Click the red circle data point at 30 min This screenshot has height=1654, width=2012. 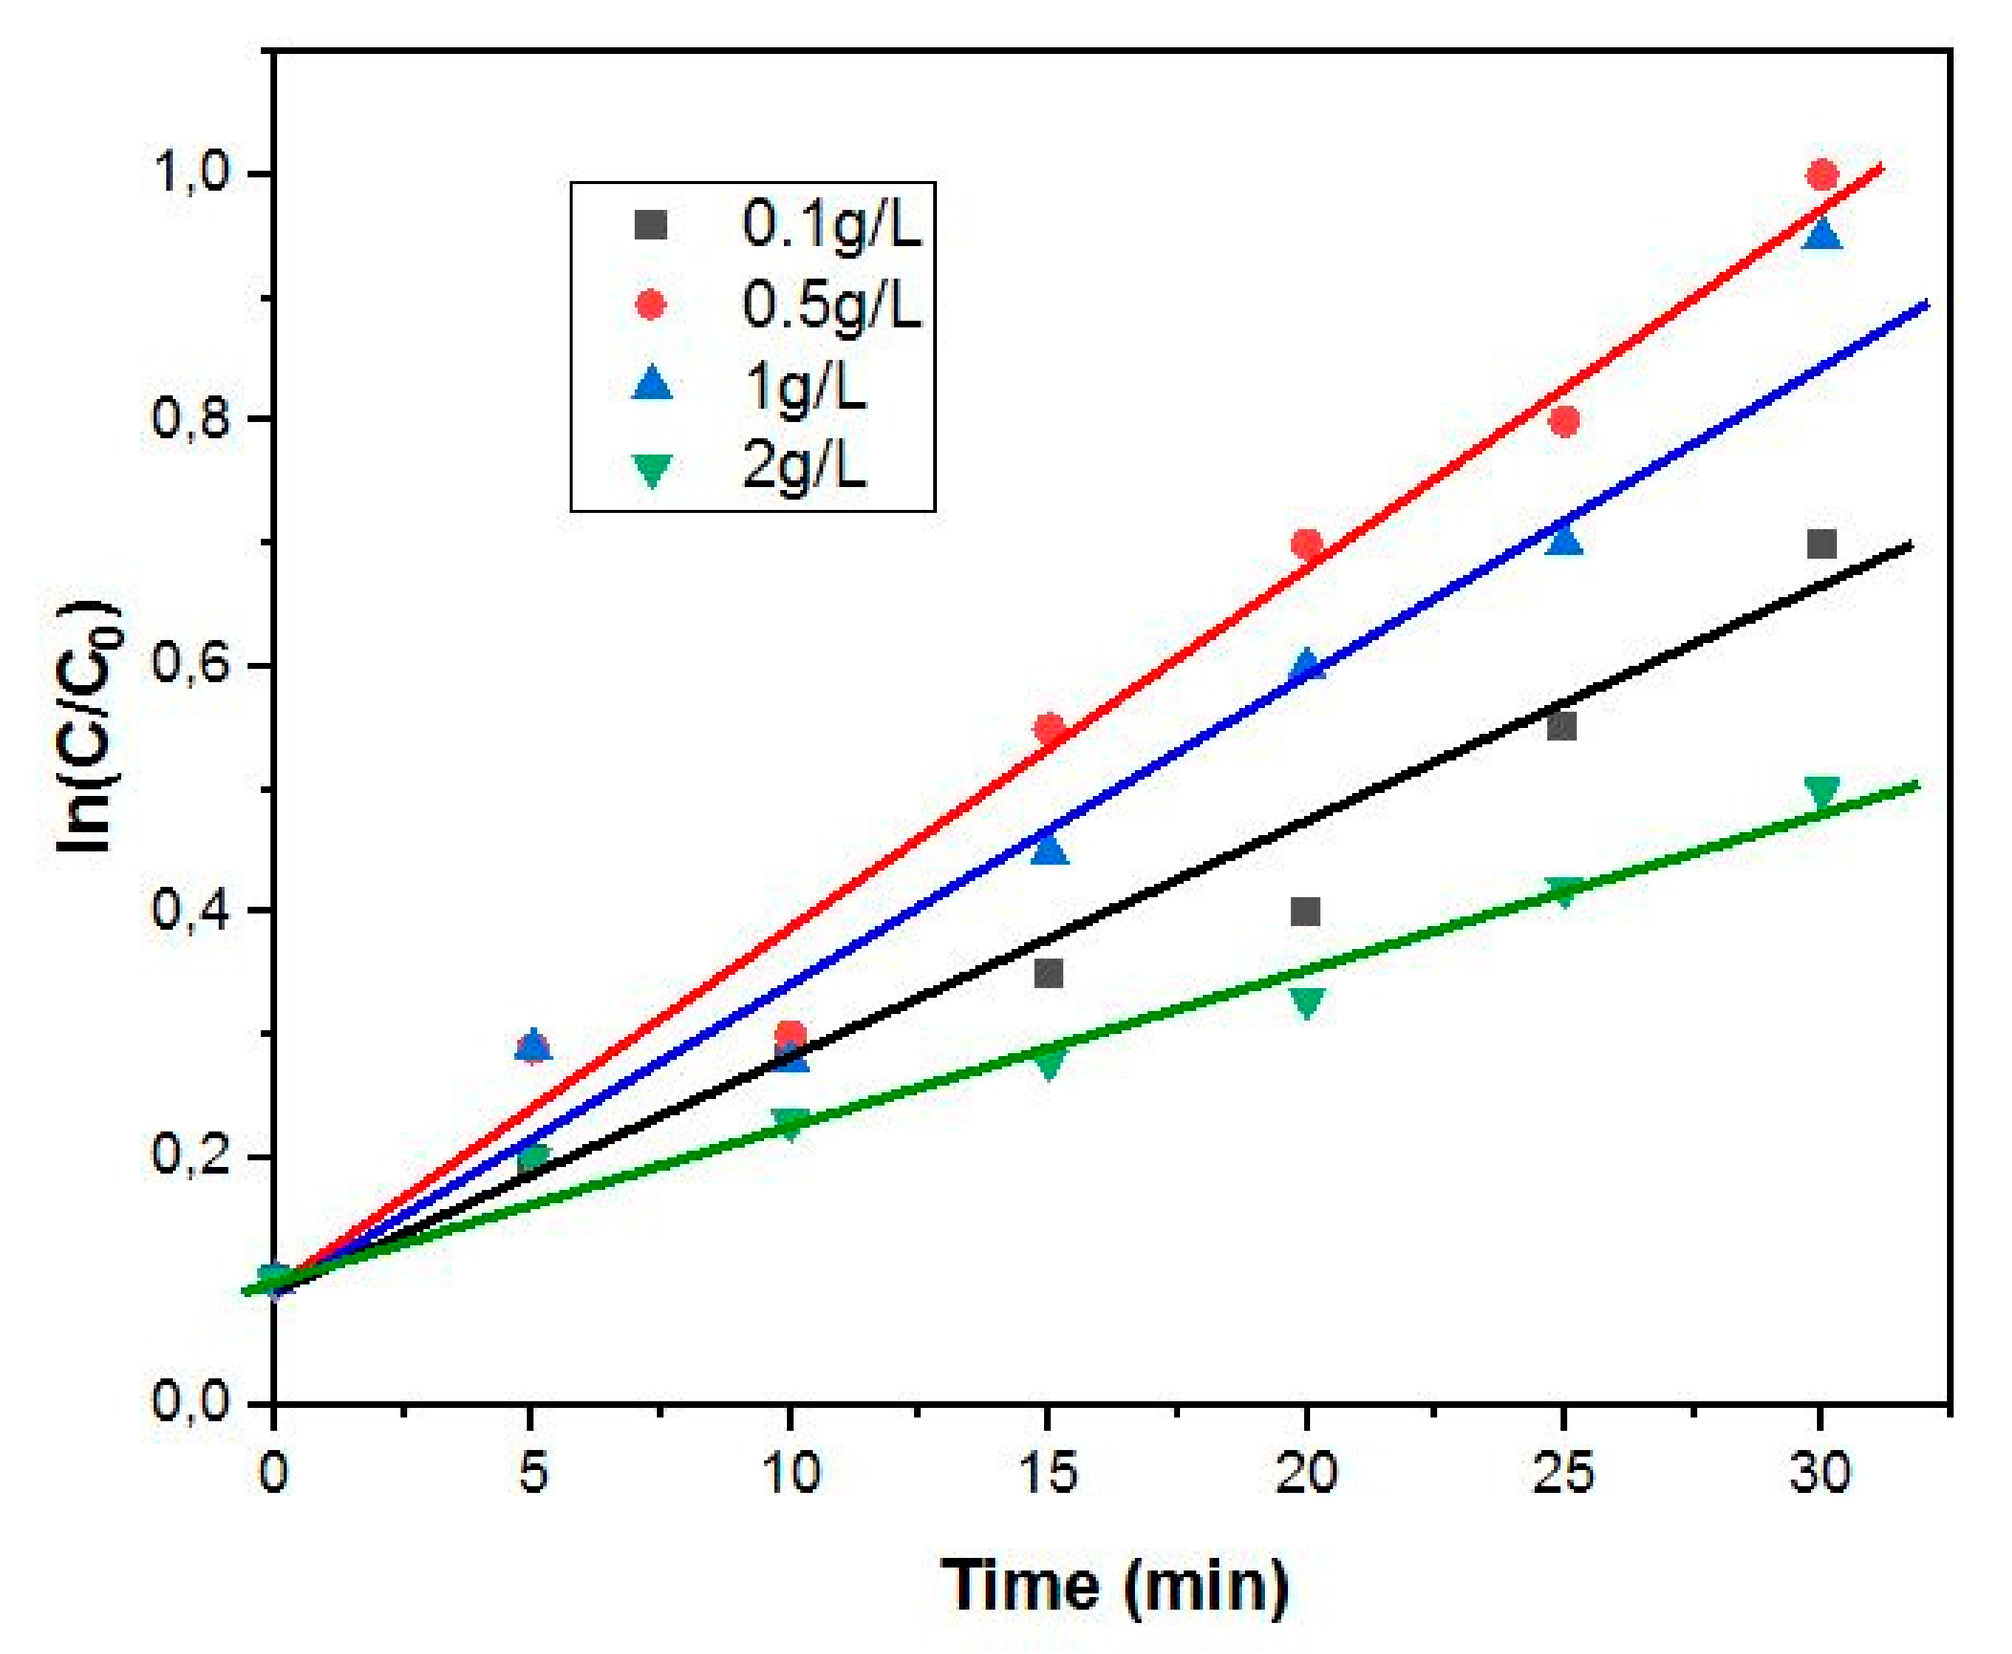point(1821,175)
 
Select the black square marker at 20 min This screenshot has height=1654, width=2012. point(1305,912)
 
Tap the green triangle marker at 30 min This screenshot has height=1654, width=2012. point(1821,792)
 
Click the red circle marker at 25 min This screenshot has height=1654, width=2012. point(1563,421)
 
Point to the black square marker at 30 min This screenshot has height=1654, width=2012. point(1821,544)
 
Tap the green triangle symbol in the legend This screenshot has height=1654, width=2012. point(652,469)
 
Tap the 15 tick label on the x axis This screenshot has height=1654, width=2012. point(1047,1473)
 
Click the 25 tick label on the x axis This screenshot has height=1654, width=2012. point(1563,1473)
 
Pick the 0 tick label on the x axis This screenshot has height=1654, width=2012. point(274,1473)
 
